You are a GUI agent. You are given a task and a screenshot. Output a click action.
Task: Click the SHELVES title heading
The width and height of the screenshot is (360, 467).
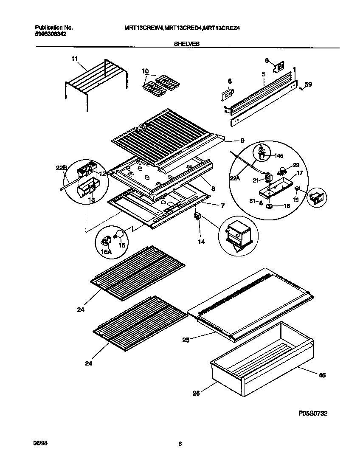[x=186, y=43]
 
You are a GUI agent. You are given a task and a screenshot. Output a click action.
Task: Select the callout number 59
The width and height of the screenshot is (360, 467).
[x=308, y=84]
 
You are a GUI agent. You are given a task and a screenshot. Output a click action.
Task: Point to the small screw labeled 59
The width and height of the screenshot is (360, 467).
[x=301, y=88]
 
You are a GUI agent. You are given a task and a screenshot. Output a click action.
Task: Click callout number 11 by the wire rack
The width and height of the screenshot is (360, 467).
[x=75, y=60]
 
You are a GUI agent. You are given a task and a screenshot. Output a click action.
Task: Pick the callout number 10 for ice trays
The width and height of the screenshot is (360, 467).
[x=145, y=70]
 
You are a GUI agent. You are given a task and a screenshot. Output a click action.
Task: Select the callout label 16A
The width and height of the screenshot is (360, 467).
[x=106, y=251]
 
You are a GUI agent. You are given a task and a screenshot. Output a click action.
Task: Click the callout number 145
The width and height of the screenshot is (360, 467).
[x=278, y=155]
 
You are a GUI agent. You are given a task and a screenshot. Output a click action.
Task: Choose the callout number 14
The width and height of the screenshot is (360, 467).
[x=201, y=242]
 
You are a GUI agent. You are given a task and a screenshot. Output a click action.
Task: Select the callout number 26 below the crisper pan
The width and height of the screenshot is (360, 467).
[x=196, y=393]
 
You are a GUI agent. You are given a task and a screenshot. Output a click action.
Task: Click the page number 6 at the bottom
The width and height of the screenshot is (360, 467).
[x=180, y=444]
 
